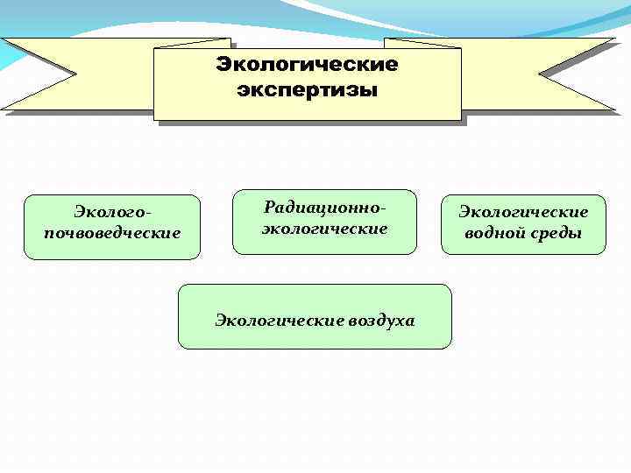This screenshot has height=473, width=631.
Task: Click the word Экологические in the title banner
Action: click(307, 65)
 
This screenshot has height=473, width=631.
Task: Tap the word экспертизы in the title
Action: click(307, 90)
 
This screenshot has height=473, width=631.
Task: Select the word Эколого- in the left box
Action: click(111, 213)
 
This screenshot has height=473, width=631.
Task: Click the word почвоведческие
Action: click(111, 233)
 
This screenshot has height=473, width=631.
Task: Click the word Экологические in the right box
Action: click(523, 213)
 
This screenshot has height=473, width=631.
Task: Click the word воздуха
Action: click(381, 321)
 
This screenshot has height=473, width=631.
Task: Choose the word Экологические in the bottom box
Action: click(280, 321)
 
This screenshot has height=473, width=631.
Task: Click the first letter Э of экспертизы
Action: click(243, 90)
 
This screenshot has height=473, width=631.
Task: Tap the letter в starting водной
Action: click(471, 234)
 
